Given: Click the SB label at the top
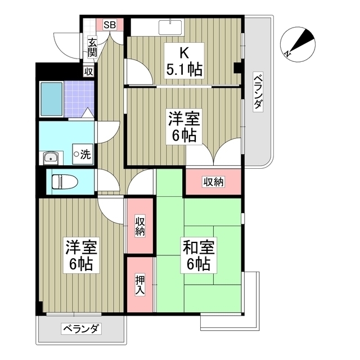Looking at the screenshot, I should click(x=110, y=24).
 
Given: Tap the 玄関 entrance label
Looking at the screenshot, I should click(x=91, y=47).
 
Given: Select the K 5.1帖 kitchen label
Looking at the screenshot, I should click(x=184, y=62).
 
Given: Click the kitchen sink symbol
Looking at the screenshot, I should click(x=171, y=27).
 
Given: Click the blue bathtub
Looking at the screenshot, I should click(x=51, y=98).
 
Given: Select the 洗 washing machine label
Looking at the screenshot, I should click(x=82, y=152).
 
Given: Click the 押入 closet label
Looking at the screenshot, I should click(x=139, y=285).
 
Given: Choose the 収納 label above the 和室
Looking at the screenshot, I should click(x=214, y=182).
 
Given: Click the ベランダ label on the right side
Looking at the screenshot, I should click(x=257, y=93).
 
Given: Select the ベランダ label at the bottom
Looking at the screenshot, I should click(x=81, y=328).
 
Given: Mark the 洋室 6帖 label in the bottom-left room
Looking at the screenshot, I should click(x=82, y=255).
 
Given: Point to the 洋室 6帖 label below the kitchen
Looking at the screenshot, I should click(x=184, y=127).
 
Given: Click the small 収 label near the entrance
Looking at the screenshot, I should click(x=88, y=71).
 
